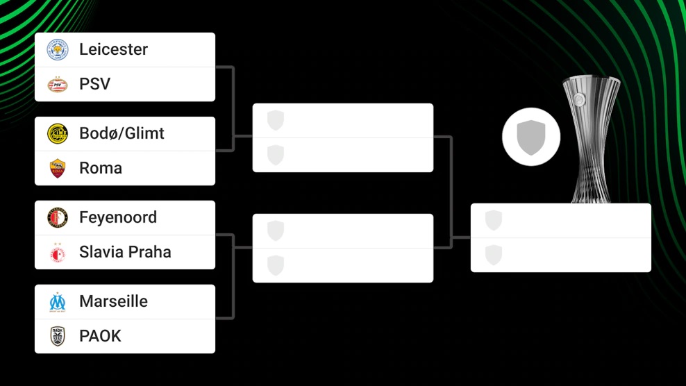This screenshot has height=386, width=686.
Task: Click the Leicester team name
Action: [x=113, y=49]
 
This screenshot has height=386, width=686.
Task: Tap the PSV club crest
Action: [x=58, y=85]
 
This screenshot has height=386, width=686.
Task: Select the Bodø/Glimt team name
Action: [x=122, y=133]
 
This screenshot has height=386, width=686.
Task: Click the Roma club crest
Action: [x=58, y=168]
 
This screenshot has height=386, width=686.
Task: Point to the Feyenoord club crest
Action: [x=58, y=217]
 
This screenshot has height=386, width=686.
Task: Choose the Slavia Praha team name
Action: [x=125, y=252]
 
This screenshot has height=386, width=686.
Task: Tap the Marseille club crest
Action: [x=58, y=301]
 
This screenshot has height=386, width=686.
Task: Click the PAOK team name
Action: [x=100, y=336]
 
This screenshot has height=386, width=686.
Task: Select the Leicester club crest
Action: [x=58, y=50]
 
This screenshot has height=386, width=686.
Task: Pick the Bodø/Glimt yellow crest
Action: [x=58, y=133]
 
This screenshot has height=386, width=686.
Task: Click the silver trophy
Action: [x=590, y=139]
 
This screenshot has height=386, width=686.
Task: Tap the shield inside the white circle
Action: [x=531, y=137]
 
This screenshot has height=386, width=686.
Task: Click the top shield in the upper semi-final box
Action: [x=276, y=120]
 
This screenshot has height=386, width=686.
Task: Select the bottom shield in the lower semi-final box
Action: [x=276, y=265]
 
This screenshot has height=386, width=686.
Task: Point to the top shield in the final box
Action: [x=494, y=220]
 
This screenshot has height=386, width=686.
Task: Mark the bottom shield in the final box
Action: [x=494, y=255]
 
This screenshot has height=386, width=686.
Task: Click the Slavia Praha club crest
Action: [x=58, y=253]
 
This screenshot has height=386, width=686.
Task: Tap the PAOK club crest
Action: [x=58, y=336]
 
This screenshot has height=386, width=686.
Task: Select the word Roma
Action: [x=101, y=168]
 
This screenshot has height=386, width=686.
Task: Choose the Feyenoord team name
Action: [x=118, y=217]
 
